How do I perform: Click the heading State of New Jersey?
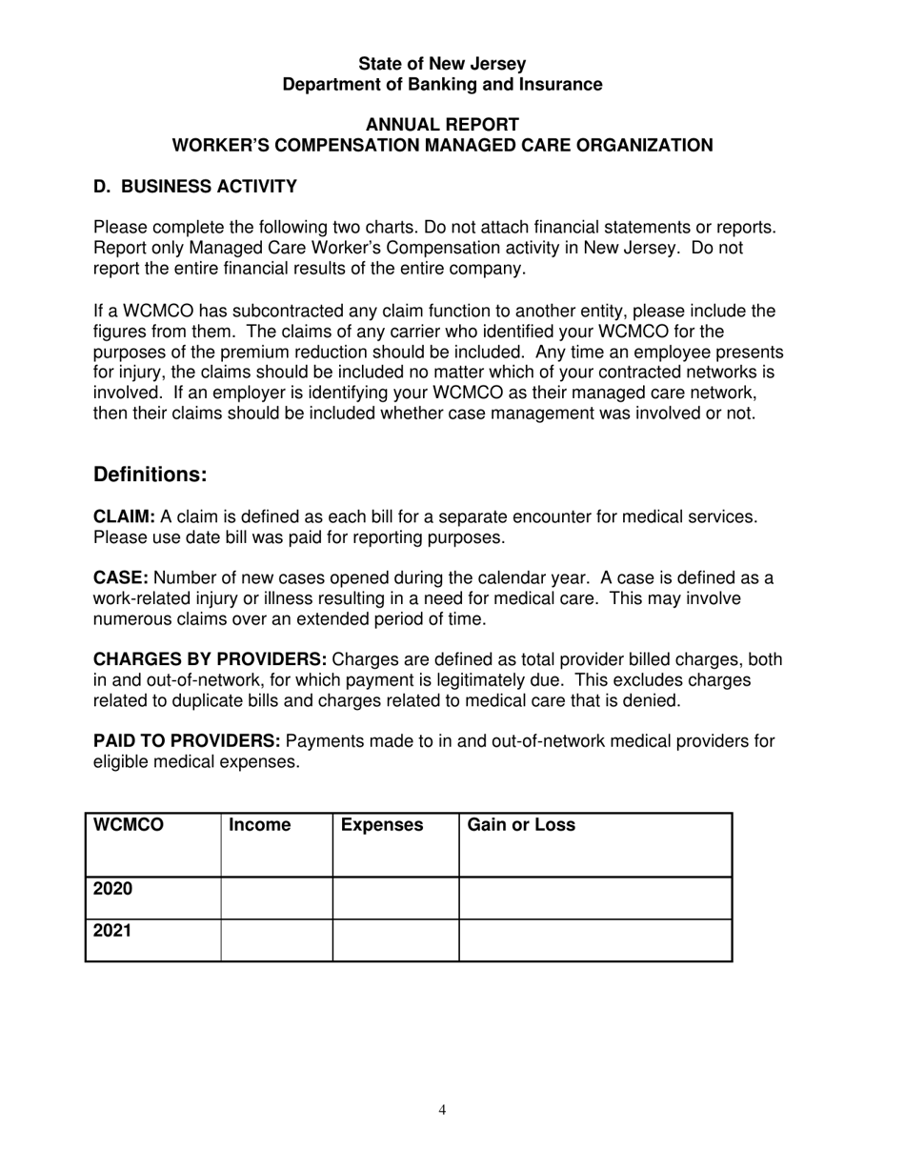[442, 64]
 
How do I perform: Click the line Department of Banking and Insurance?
[442, 85]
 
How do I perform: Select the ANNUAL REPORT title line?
[442, 125]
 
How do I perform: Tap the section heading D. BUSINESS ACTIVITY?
[194, 187]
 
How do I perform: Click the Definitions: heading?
[150, 475]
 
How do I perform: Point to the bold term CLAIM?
[124, 516]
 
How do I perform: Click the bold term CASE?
[120, 578]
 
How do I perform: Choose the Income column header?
[260, 826]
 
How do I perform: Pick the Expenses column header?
[382, 826]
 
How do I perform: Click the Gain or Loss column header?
[521, 826]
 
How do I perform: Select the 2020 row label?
[112, 890]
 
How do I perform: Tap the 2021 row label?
[112, 932]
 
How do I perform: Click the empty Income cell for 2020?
[276, 899]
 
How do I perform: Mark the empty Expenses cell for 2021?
[395, 940]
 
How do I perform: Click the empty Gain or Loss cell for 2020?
[595, 899]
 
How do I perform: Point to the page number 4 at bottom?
[442, 1109]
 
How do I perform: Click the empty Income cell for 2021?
[276, 940]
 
